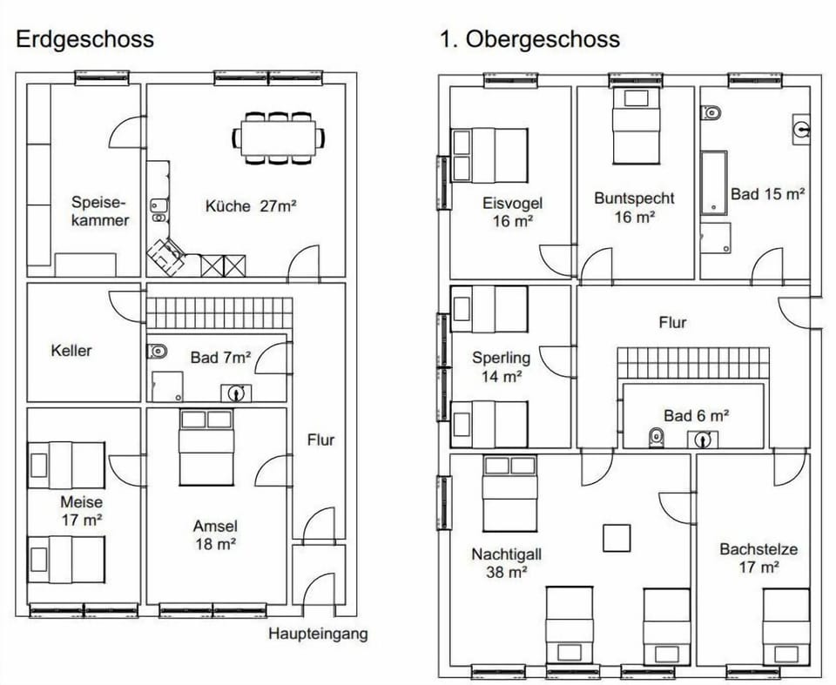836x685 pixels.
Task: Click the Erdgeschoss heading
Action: pyautogui.click(x=84, y=39)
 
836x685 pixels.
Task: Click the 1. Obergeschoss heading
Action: pyautogui.click(x=529, y=39)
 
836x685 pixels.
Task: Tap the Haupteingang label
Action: pyautogui.click(x=318, y=634)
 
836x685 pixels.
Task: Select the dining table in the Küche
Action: pyautogui.click(x=279, y=137)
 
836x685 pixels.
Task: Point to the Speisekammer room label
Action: pyautogui.click(x=99, y=211)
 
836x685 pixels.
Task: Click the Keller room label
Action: pyautogui.click(x=71, y=351)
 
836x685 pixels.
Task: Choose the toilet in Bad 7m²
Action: pyautogui.click(x=158, y=352)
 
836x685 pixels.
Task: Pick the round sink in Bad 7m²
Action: pyautogui.click(x=235, y=393)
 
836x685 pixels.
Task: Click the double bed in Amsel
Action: pyautogui.click(x=206, y=447)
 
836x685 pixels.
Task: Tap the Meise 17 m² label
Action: pyautogui.click(x=81, y=511)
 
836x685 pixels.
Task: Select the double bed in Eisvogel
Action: pyautogui.click(x=489, y=155)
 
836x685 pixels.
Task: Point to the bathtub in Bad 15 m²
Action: pyautogui.click(x=713, y=182)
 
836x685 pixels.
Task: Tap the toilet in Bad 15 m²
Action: pyautogui.click(x=711, y=112)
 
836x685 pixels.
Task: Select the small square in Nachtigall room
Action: pyautogui.click(x=617, y=537)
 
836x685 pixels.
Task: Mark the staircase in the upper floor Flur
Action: pyautogui.click(x=693, y=363)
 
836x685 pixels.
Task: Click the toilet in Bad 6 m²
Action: pyautogui.click(x=657, y=438)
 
